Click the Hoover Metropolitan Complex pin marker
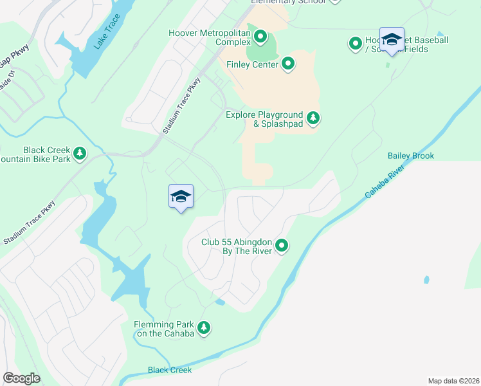tap(260, 36)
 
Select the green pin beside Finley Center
tap(288, 64)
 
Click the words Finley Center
tap(253, 64)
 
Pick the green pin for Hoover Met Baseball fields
tap(355, 44)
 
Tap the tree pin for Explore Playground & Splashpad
tap(313, 117)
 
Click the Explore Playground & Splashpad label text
tap(264, 119)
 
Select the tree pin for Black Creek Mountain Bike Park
tap(79, 153)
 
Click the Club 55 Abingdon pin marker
tap(282, 245)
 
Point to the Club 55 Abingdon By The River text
tap(238, 247)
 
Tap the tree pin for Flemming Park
tap(204, 328)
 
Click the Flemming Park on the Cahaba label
tap(164, 329)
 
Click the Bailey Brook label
tap(410, 156)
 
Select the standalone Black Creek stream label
tap(170, 370)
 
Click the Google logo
tap(21, 378)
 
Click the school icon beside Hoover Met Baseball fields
tap(392, 39)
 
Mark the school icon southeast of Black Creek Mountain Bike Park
tap(181, 196)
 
